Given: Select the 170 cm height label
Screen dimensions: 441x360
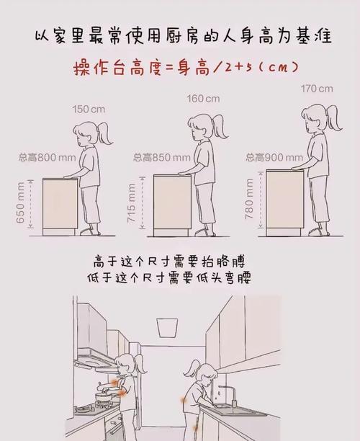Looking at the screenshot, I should click(x=317, y=89).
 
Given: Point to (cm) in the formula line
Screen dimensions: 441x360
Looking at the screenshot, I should click(x=272, y=68).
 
